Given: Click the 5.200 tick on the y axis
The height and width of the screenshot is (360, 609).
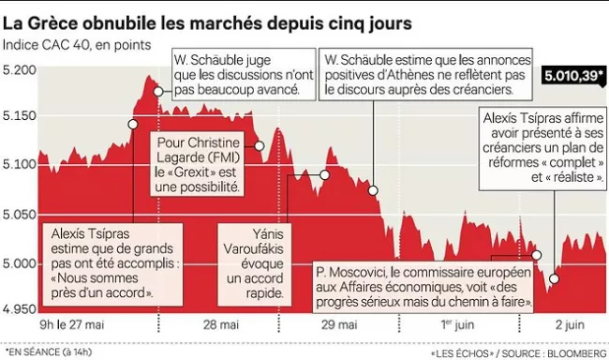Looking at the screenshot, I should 19,70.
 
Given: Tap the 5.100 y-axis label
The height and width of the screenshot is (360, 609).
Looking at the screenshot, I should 19,164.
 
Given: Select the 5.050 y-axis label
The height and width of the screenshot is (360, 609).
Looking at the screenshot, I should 19,214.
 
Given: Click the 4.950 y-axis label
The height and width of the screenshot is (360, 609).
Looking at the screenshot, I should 19,307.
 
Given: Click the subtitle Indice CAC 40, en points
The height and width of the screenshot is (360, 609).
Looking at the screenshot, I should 70,44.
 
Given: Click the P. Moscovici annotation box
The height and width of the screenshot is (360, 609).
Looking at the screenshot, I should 425,287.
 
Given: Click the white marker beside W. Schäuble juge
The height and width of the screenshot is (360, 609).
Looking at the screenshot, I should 158,91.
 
